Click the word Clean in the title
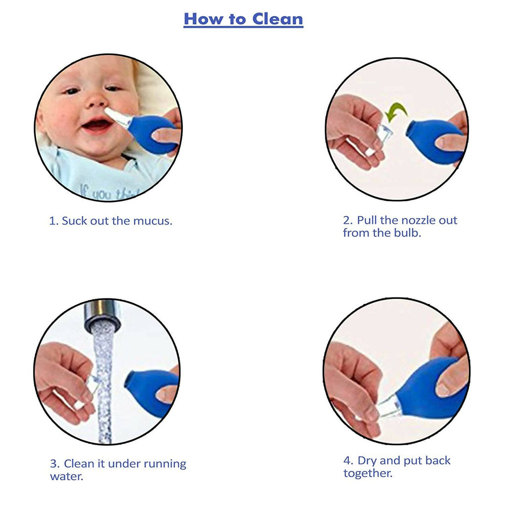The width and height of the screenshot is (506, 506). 277,19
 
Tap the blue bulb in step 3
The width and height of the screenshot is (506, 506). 148,390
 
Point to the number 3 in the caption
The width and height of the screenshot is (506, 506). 53,464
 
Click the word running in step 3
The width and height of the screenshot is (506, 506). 162,464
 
